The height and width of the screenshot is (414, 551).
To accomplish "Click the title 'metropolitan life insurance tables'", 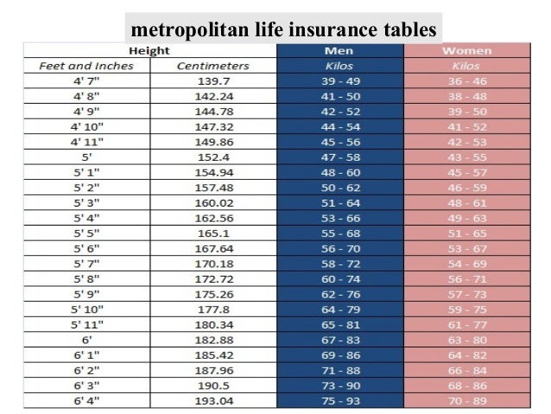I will tap(284, 30).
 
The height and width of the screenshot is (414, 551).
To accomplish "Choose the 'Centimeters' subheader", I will tap(212, 66).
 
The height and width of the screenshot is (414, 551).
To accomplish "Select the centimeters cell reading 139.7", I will tap(212, 80).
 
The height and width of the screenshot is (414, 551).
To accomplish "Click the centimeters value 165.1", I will tap(212, 233).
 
